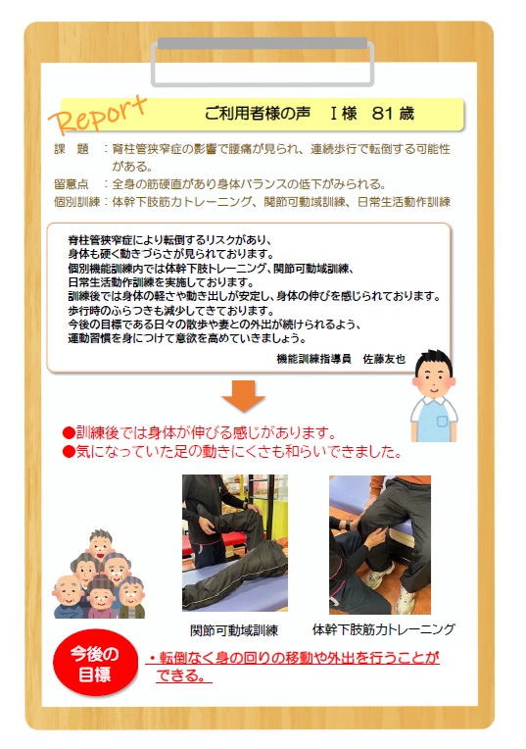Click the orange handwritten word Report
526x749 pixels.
point(98,116)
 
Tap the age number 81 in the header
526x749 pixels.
point(383,114)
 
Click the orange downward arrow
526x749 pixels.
point(244,396)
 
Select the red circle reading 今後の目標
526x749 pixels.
point(95,663)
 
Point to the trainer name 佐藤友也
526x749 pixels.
point(384,358)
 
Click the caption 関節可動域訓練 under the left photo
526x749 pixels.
point(234,630)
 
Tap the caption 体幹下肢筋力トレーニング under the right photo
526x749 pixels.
point(384,629)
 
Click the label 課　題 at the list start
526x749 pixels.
point(72,149)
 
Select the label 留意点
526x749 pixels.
point(72,184)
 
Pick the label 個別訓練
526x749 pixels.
point(76,202)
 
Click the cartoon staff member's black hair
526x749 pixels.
point(433,360)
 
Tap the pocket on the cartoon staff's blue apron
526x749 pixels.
point(443,422)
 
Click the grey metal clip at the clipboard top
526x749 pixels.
point(263,63)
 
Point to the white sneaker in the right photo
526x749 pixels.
point(406,601)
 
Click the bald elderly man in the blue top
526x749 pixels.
point(69,597)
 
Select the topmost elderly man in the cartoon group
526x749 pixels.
point(101,544)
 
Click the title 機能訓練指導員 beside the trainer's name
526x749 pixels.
point(313,358)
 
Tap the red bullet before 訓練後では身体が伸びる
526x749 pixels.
point(69,433)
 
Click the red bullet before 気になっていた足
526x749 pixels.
point(69,451)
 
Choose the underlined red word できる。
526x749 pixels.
point(183,675)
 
